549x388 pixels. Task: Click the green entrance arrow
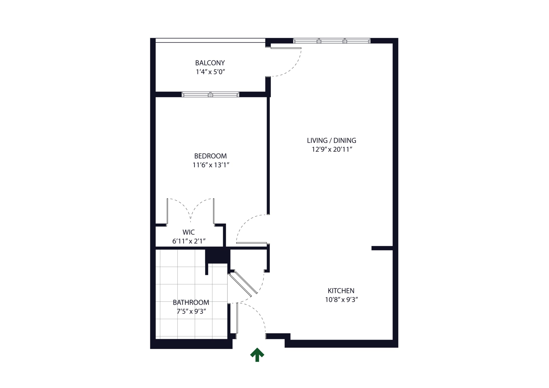point(257,355)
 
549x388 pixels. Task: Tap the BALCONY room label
point(210,63)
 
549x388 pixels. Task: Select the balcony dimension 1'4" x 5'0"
point(210,72)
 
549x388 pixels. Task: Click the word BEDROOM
point(211,156)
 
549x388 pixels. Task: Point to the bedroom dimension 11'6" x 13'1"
point(211,165)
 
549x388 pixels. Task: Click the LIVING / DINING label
point(331,140)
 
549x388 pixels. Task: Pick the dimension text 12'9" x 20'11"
point(332,149)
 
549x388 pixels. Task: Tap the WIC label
point(189,232)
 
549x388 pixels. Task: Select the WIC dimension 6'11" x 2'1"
point(189,241)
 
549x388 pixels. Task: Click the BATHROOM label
point(191,302)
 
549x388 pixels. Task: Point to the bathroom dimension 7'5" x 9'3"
point(191,311)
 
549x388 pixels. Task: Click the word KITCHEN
point(341,291)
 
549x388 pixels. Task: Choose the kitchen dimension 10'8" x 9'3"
point(341,299)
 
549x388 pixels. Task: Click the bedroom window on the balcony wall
point(210,94)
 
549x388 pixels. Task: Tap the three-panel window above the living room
point(332,41)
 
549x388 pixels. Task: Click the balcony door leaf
point(286,48)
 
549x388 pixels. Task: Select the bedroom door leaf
point(251,243)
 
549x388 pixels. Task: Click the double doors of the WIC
point(191,210)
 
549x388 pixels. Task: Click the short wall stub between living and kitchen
point(382,248)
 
